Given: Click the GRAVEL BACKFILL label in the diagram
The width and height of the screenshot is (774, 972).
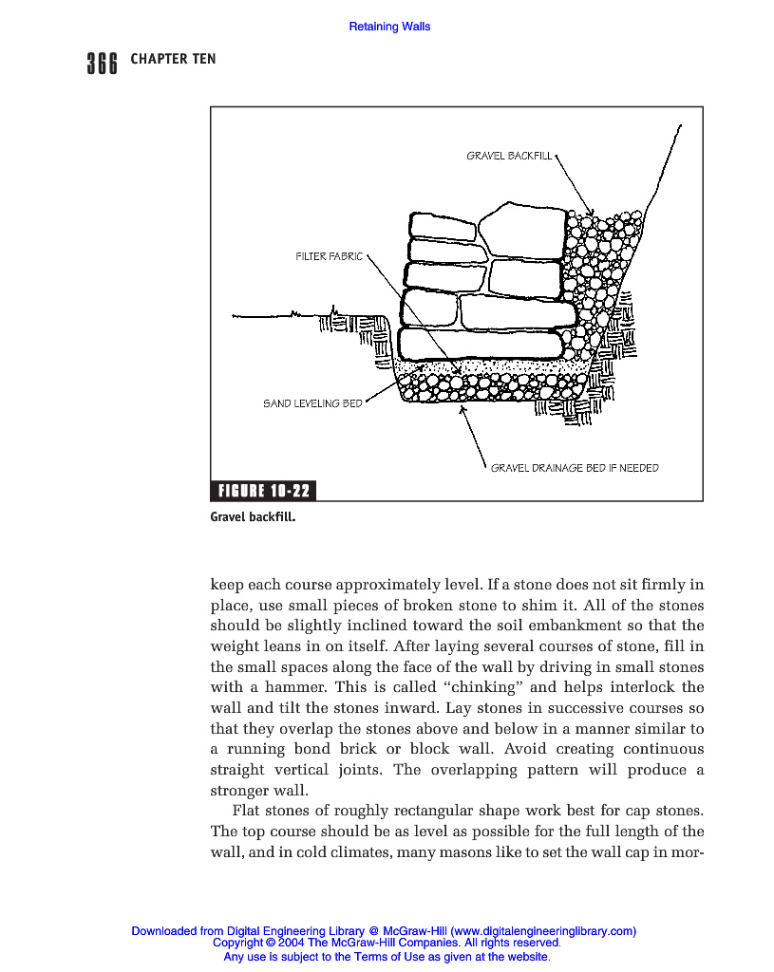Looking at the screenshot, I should click(x=508, y=156).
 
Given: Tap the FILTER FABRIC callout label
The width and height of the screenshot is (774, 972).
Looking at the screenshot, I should click(x=329, y=256).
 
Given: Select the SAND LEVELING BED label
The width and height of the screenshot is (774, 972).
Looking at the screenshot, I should click(x=312, y=403).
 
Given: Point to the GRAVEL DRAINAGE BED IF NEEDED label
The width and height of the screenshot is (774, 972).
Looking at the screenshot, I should click(x=574, y=468).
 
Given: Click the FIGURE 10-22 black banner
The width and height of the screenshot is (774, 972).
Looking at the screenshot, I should click(x=263, y=491).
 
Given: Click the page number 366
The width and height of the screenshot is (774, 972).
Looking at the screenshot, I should click(x=102, y=63).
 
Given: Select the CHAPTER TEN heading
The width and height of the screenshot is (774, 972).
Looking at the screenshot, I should click(x=173, y=59).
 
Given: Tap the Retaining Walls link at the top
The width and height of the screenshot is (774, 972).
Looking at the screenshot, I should click(x=389, y=27).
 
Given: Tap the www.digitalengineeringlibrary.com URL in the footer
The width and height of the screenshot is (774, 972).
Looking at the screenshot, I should click(x=542, y=932).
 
